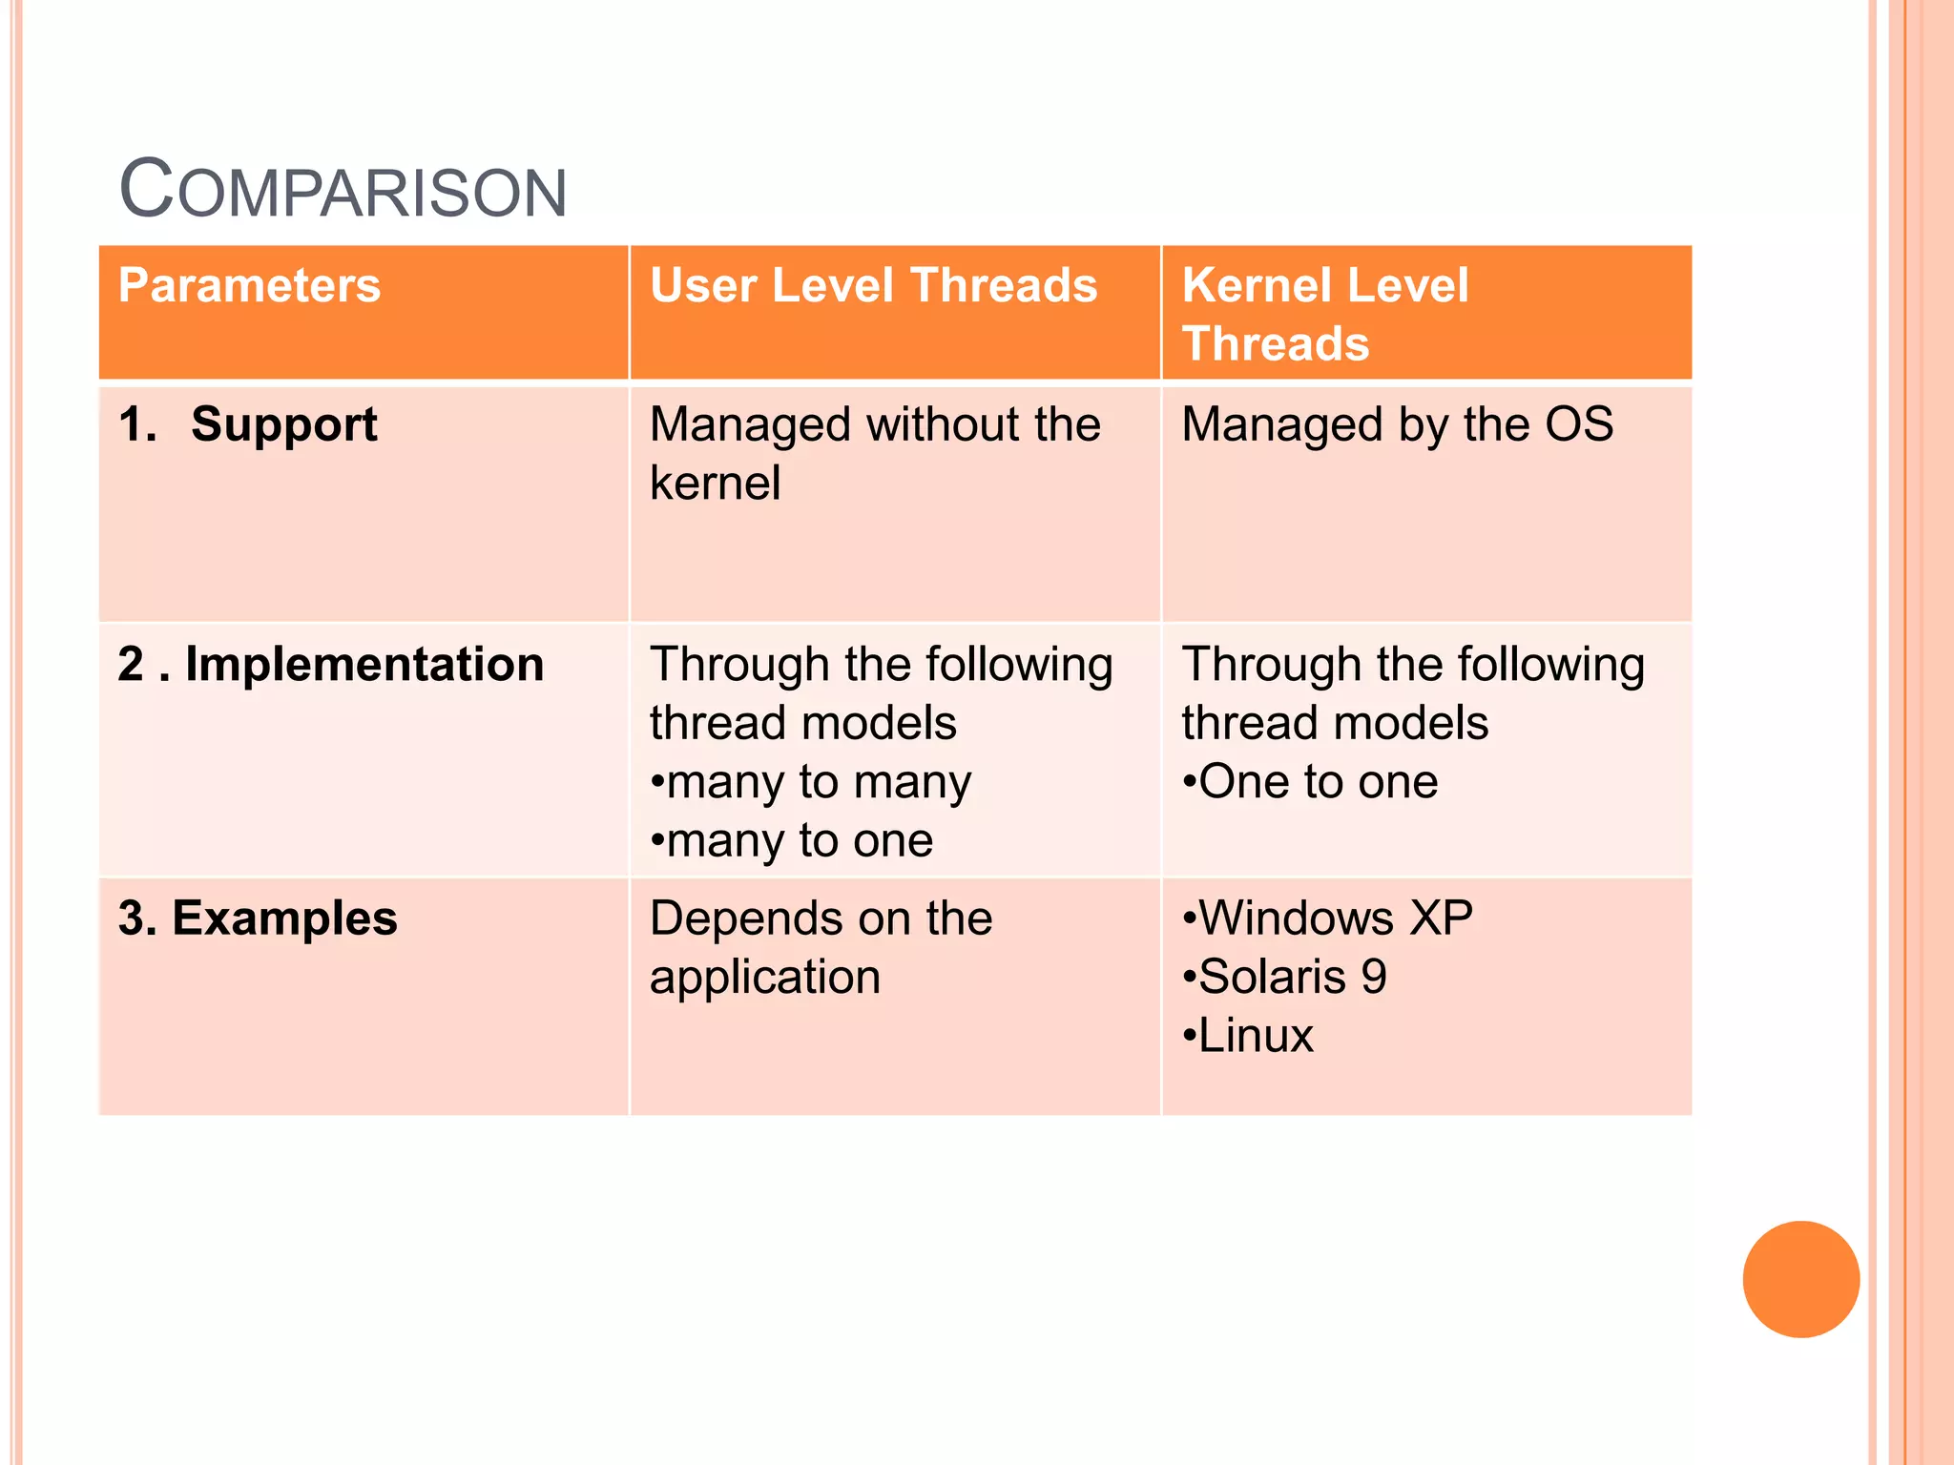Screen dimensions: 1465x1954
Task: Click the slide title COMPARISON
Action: pyautogui.click(x=343, y=189)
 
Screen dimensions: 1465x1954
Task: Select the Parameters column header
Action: pyautogui.click(x=249, y=285)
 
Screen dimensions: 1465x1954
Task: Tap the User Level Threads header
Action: pyautogui.click(x=873, y=285)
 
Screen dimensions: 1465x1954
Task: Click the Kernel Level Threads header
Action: pyautogui.click(x=1324, y=314)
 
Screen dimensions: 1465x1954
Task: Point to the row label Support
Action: pyautogui.click(x=283, y=424)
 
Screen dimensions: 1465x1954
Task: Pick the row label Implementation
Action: pyautogui.click(x=364, y=664)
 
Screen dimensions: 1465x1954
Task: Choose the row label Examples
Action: pyautogui.click(x=283, y=918)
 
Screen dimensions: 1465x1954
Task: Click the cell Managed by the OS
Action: pyautogui.click(x=1397, y=424)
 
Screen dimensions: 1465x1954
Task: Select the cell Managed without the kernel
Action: pyautogui.click(x=874, y=453)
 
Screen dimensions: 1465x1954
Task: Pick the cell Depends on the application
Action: pyautogui.click(x=821, y=947)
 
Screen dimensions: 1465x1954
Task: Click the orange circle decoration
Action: pyautogui.click(x=1800, y=1279)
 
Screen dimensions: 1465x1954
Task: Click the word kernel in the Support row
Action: pyautogui.click(x=715, y=483)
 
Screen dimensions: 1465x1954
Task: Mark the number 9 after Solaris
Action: pyautogui.click(x=1374, y=977)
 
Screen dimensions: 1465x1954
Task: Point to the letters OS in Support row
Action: pyautogui.click(x=1579, y=424)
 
